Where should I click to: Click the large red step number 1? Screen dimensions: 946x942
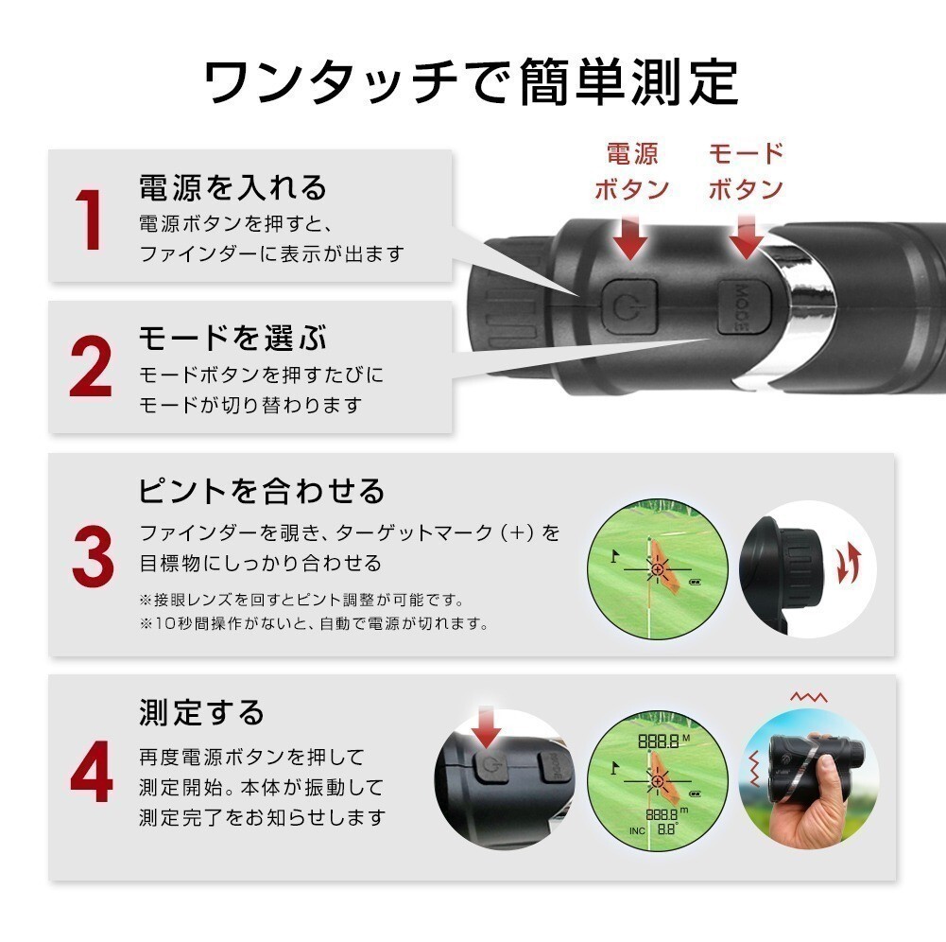[90, 219]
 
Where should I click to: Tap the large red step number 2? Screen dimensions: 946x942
[91, 366]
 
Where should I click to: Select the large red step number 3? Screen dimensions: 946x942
[93, 555]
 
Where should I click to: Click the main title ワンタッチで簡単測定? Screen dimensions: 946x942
[472, 81]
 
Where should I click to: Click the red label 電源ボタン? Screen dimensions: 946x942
[631, 171]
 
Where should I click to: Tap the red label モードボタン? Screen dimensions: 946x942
[746, 171]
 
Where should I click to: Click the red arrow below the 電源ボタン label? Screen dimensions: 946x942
[630, 237]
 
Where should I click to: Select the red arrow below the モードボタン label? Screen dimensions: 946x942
[747, 237]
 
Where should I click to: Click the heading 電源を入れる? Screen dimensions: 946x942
[232, 187]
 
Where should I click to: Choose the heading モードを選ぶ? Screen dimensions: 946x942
[232, 338]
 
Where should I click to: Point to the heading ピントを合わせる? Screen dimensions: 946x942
[262, 490]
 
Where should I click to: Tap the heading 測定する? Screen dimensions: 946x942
[201, 712]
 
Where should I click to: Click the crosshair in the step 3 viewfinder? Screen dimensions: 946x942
[657, 569]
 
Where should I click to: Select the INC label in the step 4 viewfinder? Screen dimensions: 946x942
[637, 831]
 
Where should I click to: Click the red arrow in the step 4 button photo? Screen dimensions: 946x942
[487, 728]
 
